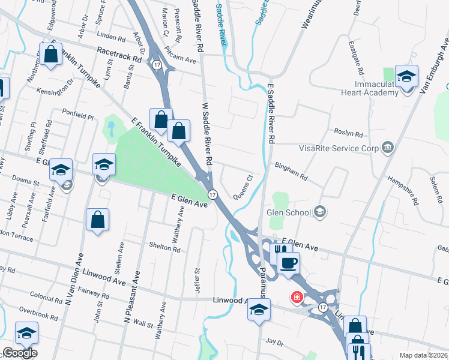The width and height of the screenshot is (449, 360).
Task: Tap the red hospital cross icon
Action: (x=296, y=297)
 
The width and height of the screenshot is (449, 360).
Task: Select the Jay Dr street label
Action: (x=274, y=342)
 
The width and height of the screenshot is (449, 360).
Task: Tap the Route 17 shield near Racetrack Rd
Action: (x=156, y=64)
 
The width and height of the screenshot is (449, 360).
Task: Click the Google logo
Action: (x=19, y=353)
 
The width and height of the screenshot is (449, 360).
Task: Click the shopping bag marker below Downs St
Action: (x=97, y=220)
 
